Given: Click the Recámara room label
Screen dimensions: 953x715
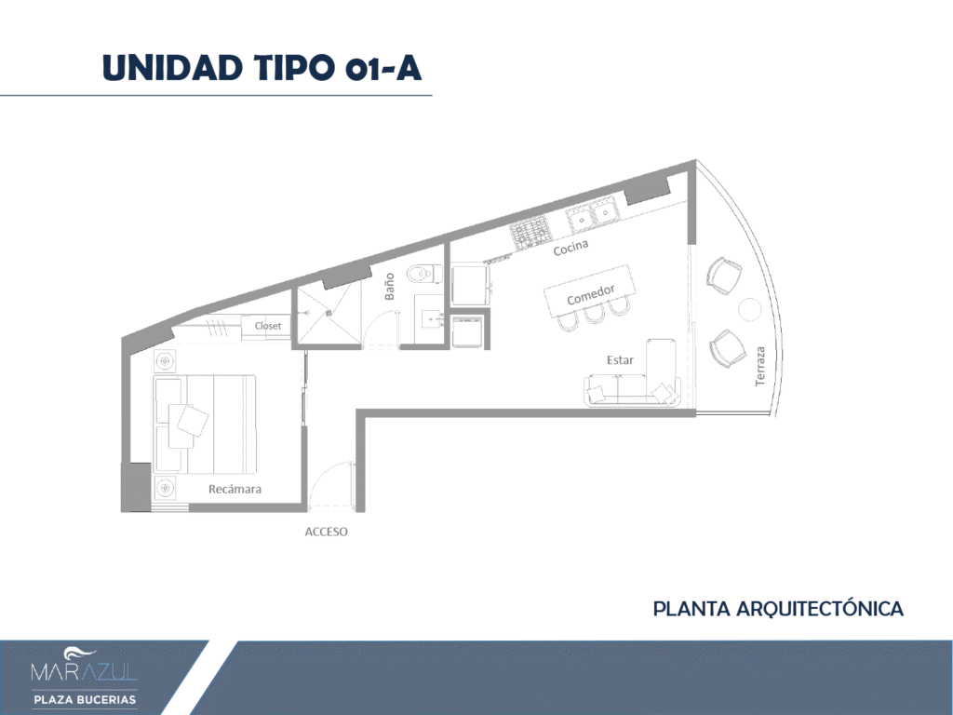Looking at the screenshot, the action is (x=235, y=489).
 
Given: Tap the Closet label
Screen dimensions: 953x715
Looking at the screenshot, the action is (x=268, y=326).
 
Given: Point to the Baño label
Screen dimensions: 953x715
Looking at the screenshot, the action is (x=390, y=287).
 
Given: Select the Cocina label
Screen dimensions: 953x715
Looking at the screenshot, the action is (x=570, y=247).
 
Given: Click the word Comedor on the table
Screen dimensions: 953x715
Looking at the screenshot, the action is (x=591, y=295).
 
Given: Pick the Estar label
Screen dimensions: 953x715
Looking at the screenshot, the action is (x=620, y=360).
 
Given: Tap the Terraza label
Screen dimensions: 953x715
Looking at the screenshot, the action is (x=759, y=366).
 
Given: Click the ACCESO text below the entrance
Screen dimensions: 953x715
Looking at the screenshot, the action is (x=327, y=532).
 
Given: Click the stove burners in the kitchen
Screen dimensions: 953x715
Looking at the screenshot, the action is (x=530, y=232).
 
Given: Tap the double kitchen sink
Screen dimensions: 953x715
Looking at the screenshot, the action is (x=593, y=213).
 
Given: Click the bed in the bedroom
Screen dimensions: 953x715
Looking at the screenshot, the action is (x=205, y=425).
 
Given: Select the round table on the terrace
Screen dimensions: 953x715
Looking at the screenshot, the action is (x=749, y=309).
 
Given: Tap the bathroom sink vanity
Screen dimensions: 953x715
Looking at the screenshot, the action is (x=430, y=318).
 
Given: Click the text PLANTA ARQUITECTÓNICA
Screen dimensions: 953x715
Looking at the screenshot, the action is (x=778, y=609).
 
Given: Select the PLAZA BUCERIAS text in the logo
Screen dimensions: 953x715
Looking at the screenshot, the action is (x=85, y=700).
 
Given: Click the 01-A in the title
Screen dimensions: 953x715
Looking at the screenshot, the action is (x=383, y=67).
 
